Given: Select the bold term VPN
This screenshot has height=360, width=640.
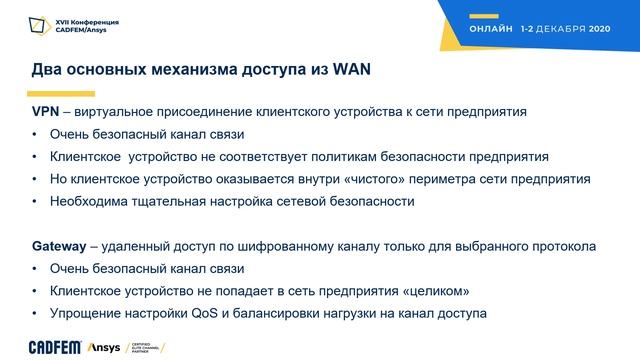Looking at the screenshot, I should pyautogui.click(x=46, y=112).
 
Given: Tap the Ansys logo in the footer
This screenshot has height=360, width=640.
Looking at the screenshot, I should pyautogui.click(x=102, y=346).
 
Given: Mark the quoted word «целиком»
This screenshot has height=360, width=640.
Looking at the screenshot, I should pyautogui.click(x=440, y=291).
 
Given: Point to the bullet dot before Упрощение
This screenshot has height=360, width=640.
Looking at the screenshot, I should pyautogui.click(x=35, y=313).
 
